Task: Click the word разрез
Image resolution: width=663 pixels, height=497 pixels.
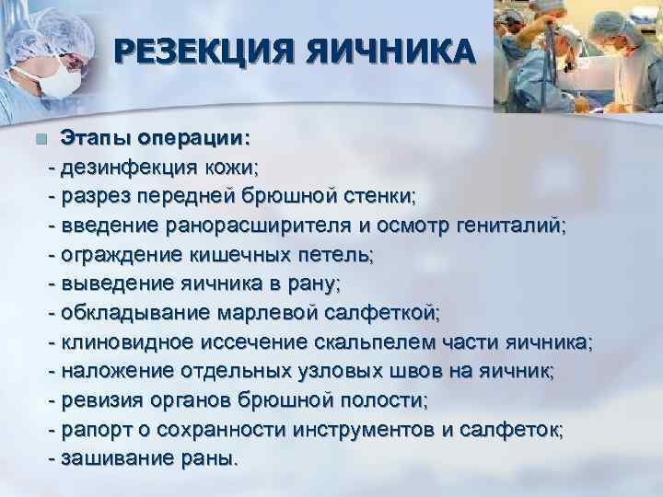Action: pyautogui.click(x=94, y=196)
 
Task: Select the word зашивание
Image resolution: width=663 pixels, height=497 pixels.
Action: pyautogui.click(x=114, y=458)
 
